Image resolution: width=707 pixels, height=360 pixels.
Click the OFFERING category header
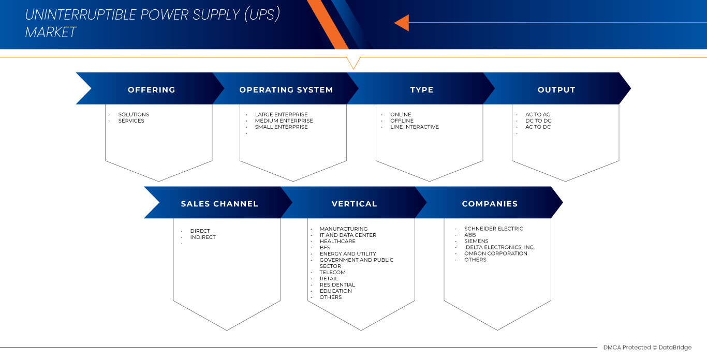point(151,89)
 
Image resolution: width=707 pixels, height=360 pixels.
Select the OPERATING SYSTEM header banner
point(286,89)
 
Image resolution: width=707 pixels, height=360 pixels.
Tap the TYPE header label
point(421,89)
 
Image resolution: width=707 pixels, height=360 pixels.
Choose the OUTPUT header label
point(556,89)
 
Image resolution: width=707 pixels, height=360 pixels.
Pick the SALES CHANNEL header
point(219,204)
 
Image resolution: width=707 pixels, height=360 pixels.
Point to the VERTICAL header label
point(354,204)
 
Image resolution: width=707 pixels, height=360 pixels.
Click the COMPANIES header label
point(490,204)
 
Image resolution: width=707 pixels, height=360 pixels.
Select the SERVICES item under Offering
point(131,121)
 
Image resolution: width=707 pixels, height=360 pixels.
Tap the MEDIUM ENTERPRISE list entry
point(284,121)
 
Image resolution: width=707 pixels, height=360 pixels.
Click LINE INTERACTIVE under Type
point(414,127)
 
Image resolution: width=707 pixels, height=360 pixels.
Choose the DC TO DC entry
point(538,121)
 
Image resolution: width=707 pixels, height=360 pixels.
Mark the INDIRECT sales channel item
point(203,237)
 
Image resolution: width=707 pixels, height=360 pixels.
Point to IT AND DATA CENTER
point(348,235)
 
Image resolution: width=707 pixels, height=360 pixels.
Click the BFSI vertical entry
point(326,247)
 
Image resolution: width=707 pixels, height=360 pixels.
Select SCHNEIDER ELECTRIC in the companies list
point(493,229)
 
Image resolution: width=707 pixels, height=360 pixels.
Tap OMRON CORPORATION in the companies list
point(495,253)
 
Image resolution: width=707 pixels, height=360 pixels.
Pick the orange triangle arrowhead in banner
point(402,23)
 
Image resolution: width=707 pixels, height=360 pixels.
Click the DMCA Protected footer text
point(647,348)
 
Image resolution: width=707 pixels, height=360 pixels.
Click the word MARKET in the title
point(51,33)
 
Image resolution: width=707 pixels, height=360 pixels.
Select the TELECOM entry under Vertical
point(332,272)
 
